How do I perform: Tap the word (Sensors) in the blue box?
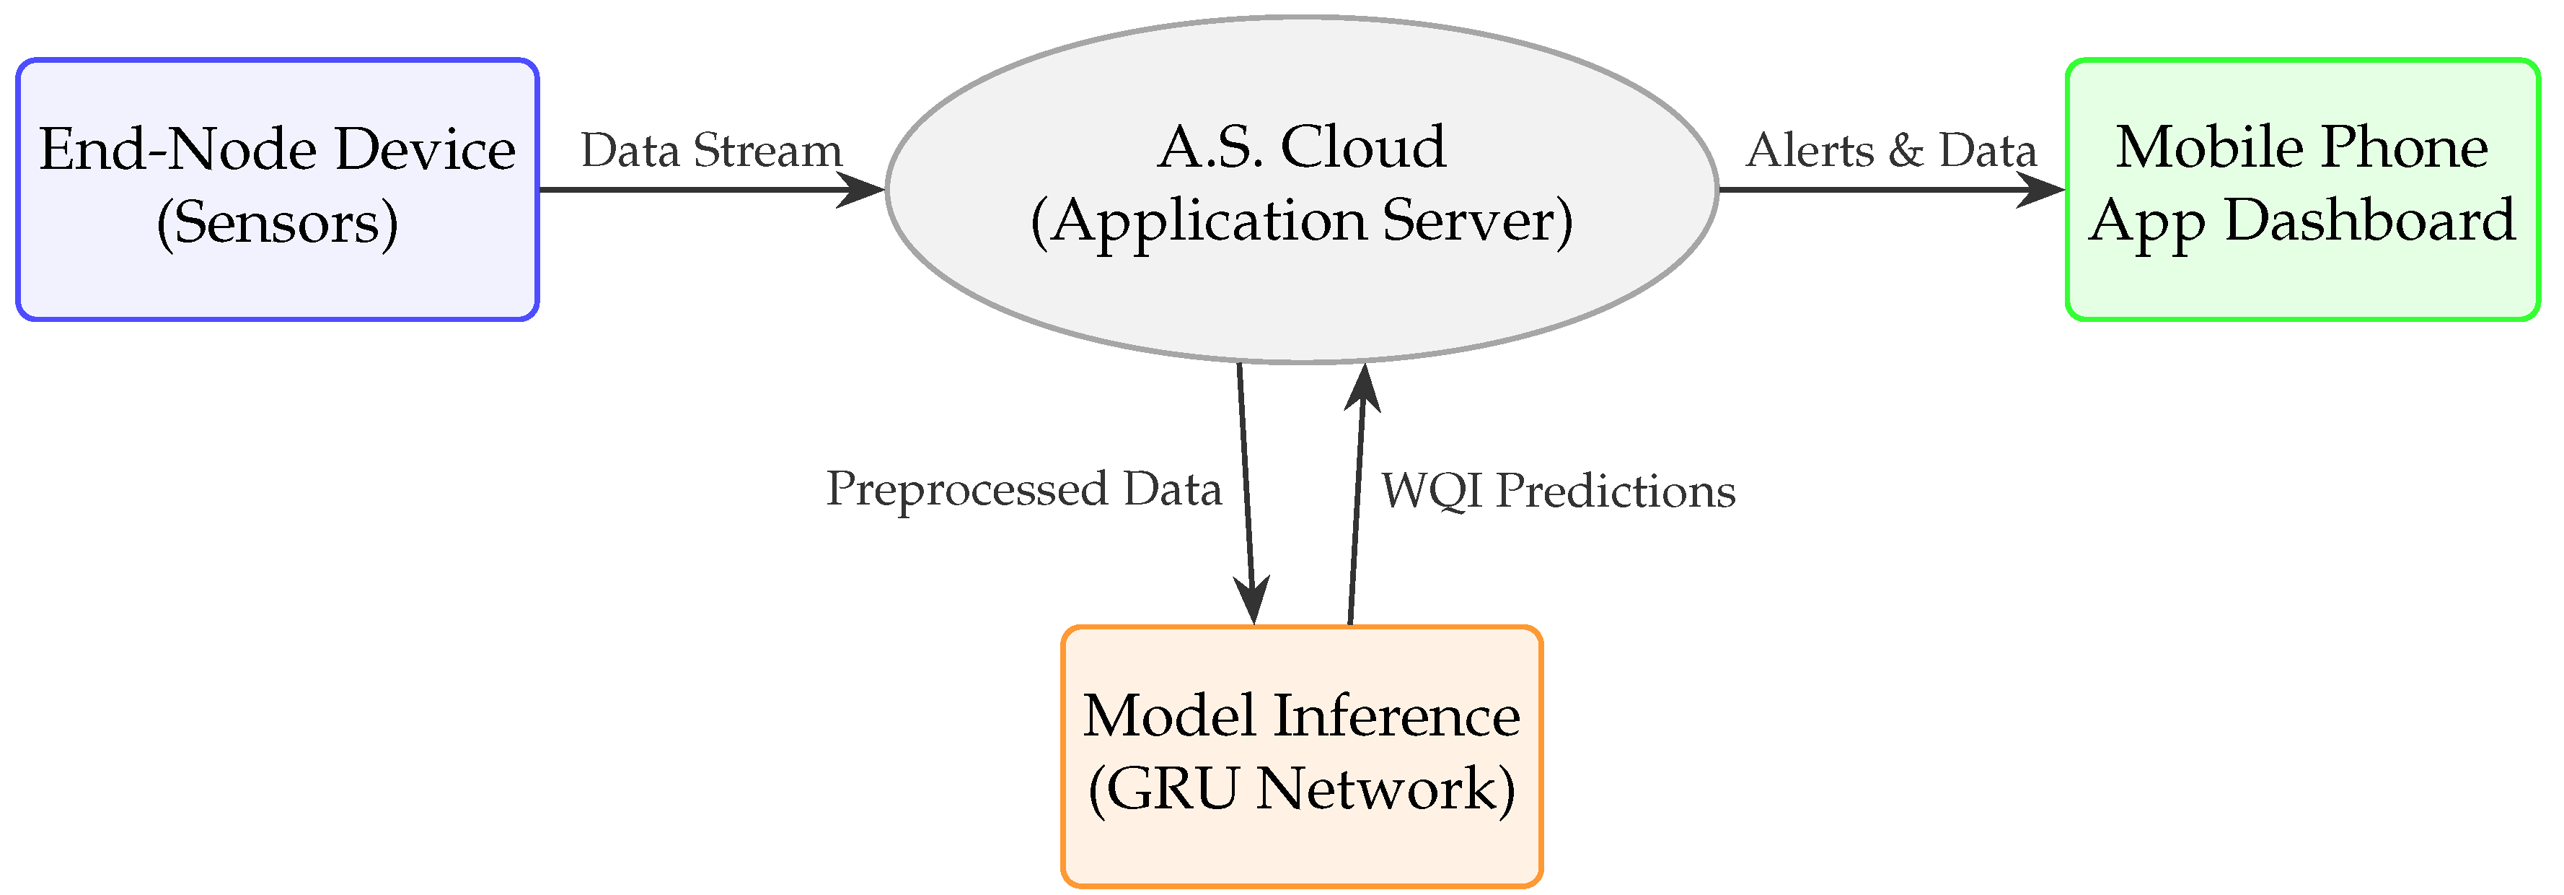(278, 223)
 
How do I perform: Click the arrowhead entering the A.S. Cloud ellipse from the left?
(862, 188)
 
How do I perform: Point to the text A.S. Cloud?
(1301, 147)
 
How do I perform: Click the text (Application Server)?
(1301, 221)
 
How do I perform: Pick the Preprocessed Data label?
(1023, 489)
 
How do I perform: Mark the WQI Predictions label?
(1558, 491)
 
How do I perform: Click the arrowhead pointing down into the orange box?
(1252, 601)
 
